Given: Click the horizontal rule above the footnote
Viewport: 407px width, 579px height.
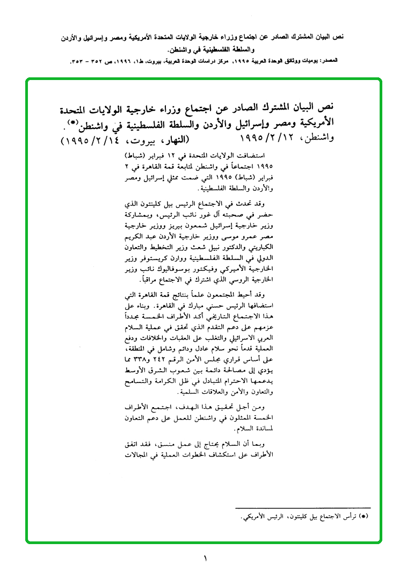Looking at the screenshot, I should point(303,508).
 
